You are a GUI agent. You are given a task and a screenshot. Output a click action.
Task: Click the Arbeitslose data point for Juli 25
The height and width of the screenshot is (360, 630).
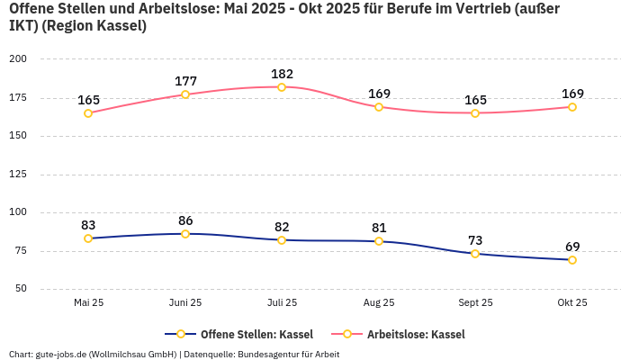[282, 87]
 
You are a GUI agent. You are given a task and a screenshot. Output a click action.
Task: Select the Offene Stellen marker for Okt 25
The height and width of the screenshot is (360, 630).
[571, 260]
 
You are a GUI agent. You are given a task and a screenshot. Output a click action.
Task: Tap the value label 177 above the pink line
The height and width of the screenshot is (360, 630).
[185, 81]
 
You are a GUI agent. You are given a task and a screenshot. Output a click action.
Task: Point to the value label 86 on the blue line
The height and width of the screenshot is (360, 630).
[185, 220]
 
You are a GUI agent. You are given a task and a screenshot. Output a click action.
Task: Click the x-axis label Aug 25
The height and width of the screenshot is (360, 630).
[379, 302]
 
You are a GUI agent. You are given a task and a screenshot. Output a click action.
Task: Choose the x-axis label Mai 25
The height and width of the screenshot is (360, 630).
[88, 302]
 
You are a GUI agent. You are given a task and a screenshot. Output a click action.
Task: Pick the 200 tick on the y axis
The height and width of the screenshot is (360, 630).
[18, 59]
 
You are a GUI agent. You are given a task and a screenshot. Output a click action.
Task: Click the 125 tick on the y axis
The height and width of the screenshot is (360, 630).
[18, 175]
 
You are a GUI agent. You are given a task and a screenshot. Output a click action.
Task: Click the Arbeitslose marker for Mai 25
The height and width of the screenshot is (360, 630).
[88, 113]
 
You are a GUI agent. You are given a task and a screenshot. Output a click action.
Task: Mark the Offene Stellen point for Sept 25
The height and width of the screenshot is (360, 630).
[475, 254]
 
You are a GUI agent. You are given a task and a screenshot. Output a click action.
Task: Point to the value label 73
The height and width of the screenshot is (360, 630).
[475, 240]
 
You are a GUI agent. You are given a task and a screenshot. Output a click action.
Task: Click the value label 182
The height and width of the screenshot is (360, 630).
[282, 74]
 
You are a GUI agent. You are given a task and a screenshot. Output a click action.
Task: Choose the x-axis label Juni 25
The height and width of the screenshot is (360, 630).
[185, 302]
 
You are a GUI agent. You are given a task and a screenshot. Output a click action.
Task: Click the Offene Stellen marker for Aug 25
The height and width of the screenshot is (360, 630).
[379, 241]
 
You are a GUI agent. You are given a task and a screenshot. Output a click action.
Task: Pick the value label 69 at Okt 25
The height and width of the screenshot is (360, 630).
[571, 247]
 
